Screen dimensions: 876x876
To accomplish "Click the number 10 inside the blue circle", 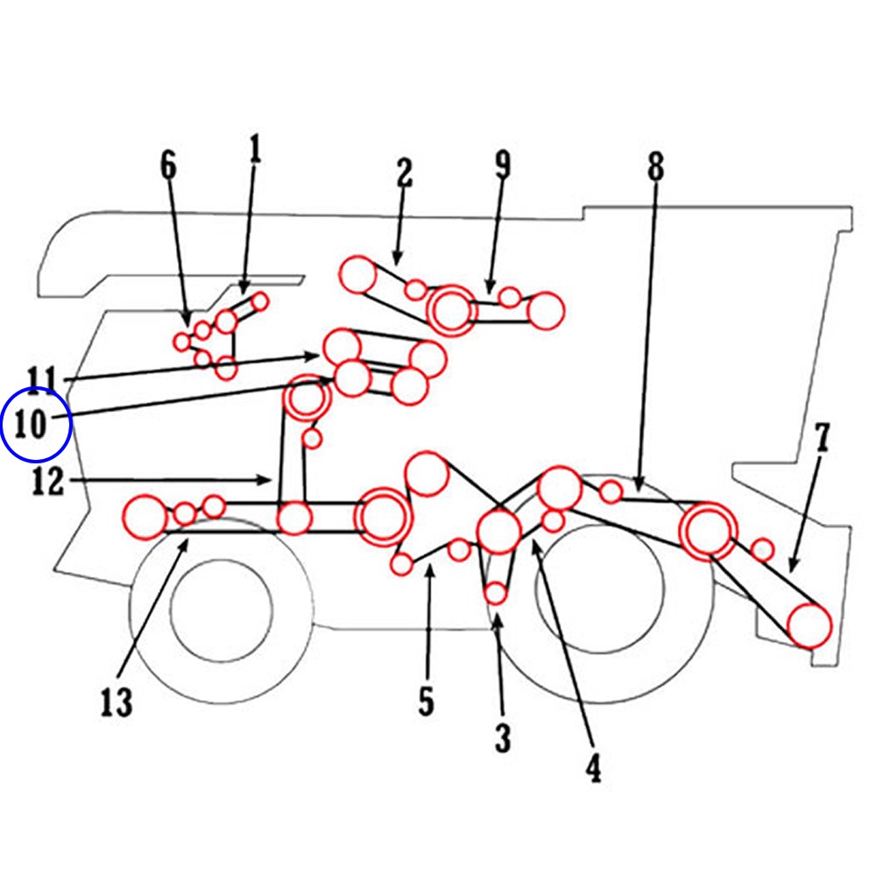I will point(35,426).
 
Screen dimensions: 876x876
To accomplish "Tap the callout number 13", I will point(116,702).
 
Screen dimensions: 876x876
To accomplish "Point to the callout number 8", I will point(656,166).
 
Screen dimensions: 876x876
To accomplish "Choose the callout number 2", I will point(404,173).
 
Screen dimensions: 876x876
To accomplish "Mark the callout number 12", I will point(49,481).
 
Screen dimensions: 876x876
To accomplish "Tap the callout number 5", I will point(426,701).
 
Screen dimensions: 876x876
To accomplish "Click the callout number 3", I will point(502,738).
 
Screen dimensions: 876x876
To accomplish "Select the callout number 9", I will point(502,165).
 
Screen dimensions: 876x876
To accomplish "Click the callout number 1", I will point(255,150).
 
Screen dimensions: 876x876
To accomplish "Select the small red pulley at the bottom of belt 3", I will point(496,593).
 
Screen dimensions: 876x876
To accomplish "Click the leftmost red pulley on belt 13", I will point(145,517).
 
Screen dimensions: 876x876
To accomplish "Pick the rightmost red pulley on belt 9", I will point(546,311).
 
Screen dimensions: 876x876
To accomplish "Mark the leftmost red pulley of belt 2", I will point(357,275).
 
